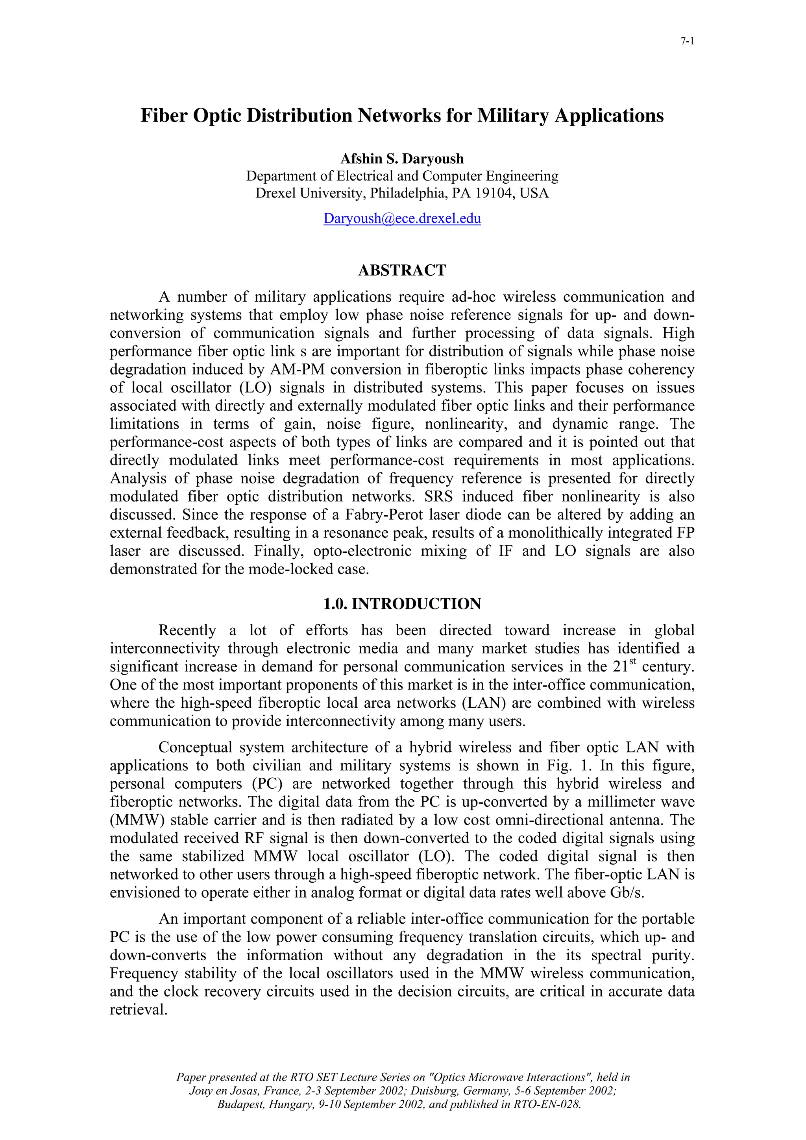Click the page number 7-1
[687, 42]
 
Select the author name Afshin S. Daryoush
[402, 159]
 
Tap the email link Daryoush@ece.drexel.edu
[402, 218]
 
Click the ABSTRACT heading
[402, 271]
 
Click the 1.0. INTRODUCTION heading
[402, 604]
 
